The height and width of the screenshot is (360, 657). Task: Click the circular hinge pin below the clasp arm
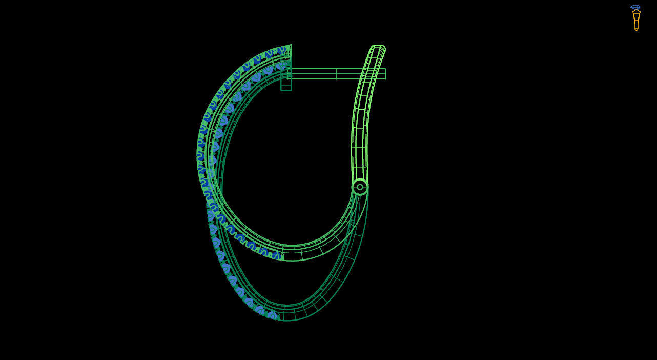pos(360,187)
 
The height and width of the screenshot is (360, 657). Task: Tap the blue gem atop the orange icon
pos(635,7)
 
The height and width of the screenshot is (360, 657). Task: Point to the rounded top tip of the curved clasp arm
pos(378,48)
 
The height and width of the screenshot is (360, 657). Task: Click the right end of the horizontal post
pos(384,74)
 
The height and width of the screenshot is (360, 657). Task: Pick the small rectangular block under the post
pos(286,85)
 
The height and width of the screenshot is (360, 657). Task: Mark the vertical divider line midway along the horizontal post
pos(336,74)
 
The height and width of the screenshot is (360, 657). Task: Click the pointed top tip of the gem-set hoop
pos(291,46)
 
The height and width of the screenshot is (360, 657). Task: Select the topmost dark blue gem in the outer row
pos(281,50)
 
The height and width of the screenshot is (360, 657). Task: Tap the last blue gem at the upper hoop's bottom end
pos(277,255)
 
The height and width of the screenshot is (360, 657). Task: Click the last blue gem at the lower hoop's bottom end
pos(272,315)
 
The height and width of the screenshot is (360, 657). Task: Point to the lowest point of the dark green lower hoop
pos(287,320)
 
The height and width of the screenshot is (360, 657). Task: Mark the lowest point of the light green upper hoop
pos(292,260)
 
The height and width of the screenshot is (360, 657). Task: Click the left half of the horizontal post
pos(313,74)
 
